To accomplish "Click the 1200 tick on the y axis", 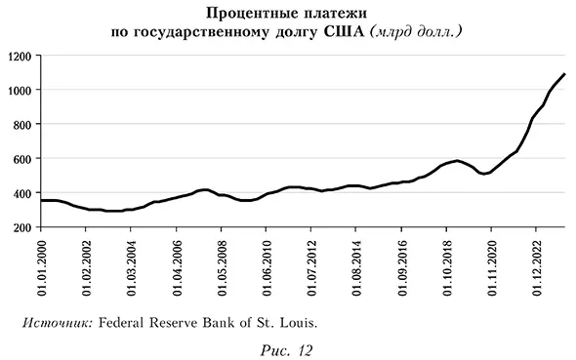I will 21,56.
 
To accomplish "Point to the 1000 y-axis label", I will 21,90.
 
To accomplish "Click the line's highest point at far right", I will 564,75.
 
